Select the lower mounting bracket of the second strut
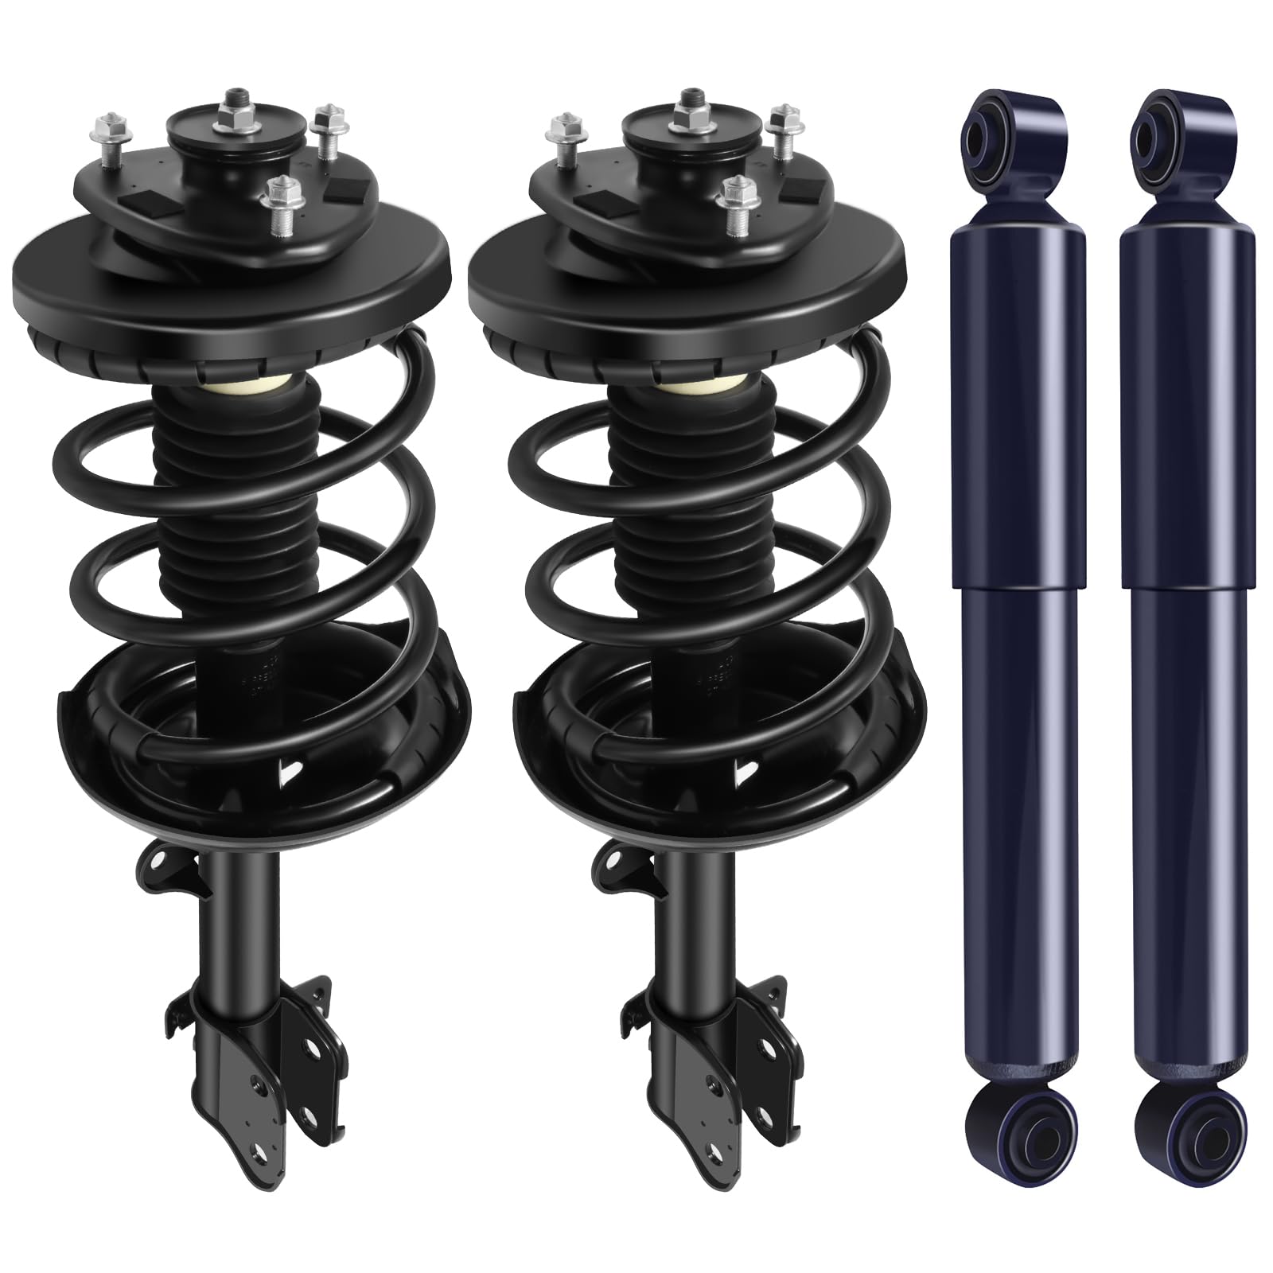pos(716,1034)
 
